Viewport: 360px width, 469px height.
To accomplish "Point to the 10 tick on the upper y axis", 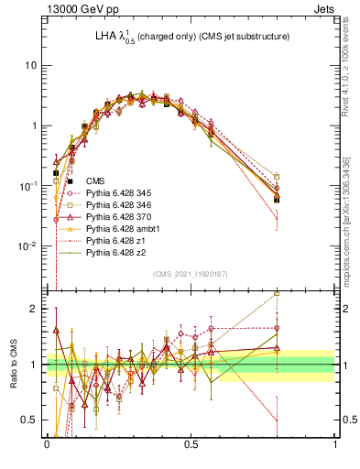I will [32, 65].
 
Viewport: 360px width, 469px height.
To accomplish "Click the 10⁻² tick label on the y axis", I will [29, 245].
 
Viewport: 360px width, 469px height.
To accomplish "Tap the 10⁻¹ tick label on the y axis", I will [29, 186].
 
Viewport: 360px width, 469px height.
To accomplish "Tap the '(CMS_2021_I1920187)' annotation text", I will [191, 274].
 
